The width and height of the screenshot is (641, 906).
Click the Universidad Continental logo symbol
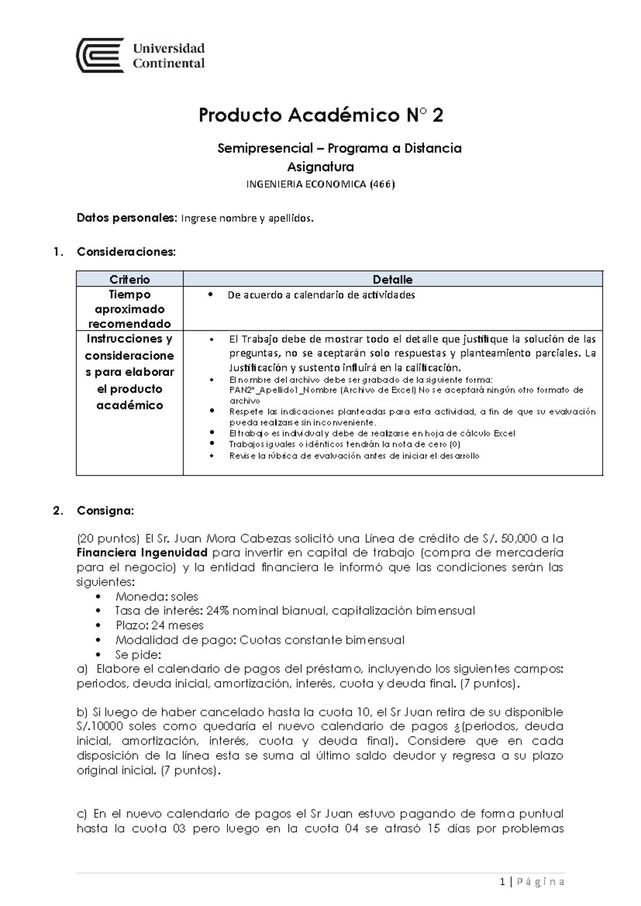click(x=100, y=55)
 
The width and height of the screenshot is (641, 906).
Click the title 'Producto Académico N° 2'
click(x=320, y=115)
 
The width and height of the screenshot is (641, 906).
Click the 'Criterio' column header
click(x=129, y=279)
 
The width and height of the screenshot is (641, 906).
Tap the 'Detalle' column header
click(x=392, y=279)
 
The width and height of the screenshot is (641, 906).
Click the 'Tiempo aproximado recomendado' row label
click(x=129, y=309)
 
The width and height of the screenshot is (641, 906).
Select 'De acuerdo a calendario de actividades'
click(x=320, y=295)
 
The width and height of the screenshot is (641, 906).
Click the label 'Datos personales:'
click(x=126, y=218)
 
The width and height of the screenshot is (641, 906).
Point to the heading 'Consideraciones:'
click(x=126, y=252)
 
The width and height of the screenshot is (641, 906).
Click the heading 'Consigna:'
click(x=105, y=511)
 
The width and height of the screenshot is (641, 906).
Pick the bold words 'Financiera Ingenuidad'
click(x=142, y=552)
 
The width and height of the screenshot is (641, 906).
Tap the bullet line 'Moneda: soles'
click(x=157, y=597)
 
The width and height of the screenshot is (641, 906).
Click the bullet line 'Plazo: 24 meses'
click(x=159, y=626)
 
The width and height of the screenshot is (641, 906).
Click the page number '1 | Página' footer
click(x=532, y=882)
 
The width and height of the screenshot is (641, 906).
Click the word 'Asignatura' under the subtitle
click(x=320, y=167)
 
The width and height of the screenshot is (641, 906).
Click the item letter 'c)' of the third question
click(x=82, y=814)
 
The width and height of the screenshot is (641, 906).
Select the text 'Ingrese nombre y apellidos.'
click(x=247, y=218)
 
